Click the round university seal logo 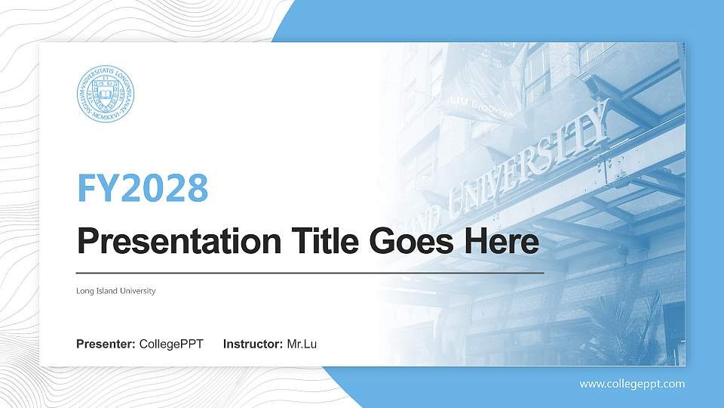(106, 95)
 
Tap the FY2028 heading (143, 188)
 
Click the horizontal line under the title (310, 272)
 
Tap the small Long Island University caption (116, 291)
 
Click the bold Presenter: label (106, 345)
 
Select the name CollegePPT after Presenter (171, 345)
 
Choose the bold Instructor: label (253, 345)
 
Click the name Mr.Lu (302, 345)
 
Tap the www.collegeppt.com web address (632, 384)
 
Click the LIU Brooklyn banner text (480, 106)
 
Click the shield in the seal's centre (106, 95)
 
